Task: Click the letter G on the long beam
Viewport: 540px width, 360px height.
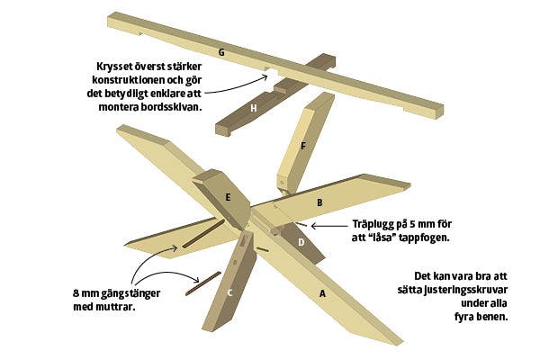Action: coord(221,53)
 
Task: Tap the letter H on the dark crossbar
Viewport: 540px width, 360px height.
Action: coord(254,109)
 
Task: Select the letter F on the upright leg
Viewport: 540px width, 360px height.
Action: coord(303,147)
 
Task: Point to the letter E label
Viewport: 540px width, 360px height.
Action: coord(228,198)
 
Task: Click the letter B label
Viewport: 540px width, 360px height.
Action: coord(319,202)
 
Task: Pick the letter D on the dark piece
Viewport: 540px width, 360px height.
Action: coord(301,242)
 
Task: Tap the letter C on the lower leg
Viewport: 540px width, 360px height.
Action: coord(230,293)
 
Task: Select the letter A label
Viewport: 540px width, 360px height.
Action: coord(322,294)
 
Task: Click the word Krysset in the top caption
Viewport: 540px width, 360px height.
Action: coord(114,67)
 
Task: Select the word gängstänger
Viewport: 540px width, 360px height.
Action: coord(130,294)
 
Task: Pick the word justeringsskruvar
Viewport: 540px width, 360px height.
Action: coord(466,290)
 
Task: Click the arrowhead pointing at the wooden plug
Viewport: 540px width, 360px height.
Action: coord(314,226)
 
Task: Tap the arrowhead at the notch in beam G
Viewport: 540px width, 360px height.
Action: coord(265,77)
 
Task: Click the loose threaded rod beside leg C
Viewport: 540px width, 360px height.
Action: coord(203,283)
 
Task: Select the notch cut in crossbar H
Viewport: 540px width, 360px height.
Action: coord(279,89)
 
